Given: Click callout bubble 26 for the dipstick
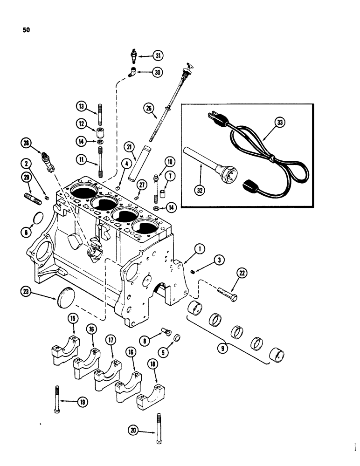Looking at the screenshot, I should point(148,110).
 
